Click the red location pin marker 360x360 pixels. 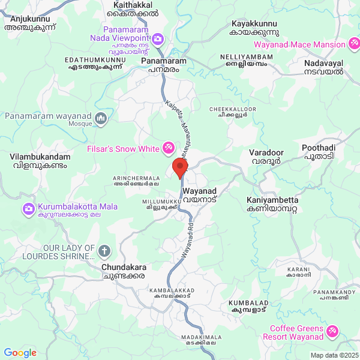(179, 168)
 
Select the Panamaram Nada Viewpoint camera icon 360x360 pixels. (158, 40)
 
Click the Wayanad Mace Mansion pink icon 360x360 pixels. (355, 44)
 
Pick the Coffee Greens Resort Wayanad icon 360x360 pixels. (333, 329)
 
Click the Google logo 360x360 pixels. (20, 353)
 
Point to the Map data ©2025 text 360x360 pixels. (334, 355)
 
